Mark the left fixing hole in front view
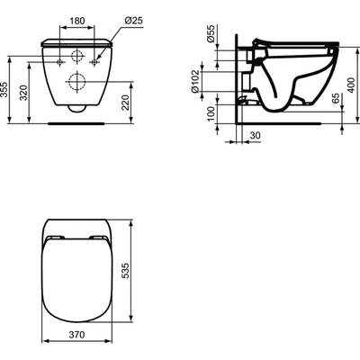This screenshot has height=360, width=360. click(x=60, y=63)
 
